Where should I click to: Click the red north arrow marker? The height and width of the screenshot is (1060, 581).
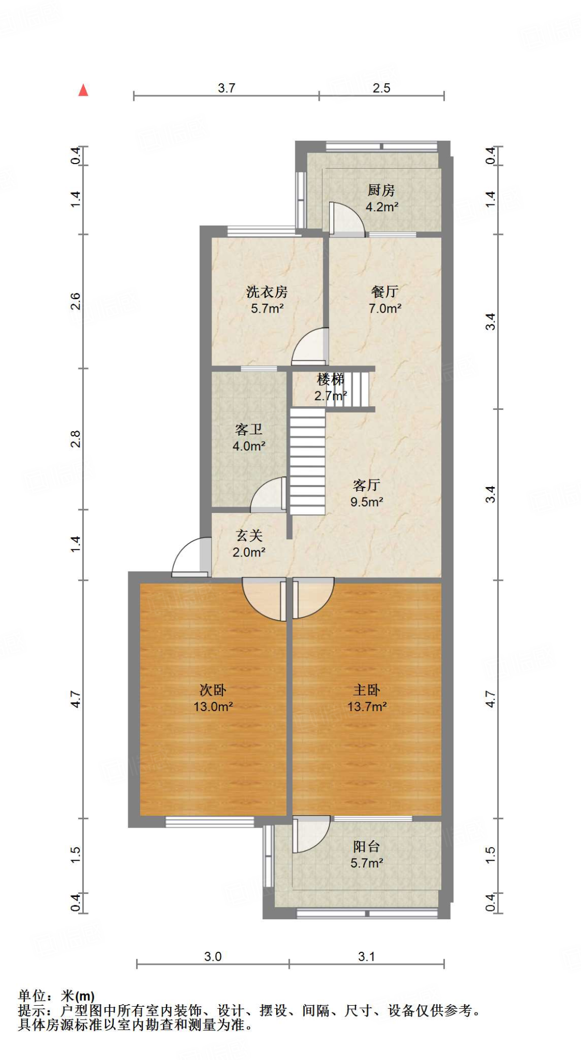(x=83, y=90)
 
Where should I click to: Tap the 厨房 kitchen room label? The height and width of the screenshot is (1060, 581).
(x=381, y=190)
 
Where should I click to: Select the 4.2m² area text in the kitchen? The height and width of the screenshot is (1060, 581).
(x=381, y=207)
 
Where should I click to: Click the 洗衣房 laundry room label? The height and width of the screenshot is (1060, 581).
(x=266, y=292)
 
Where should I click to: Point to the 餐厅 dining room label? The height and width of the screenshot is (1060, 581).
(x=384, y=291)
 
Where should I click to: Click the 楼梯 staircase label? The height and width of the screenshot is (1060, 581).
(x=330, y=379)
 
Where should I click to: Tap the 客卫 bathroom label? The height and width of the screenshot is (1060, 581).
(x=248, y=429)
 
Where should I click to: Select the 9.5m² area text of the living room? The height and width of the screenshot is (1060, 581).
(x=366, y=502)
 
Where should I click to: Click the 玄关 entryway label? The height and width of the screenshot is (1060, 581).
(x=249, y=535)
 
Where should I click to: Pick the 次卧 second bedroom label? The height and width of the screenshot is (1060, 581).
(x=213, y=689)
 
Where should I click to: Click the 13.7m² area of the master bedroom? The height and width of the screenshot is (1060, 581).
(x=367, y=706)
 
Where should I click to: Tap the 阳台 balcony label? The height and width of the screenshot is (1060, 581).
(x=366, y=846)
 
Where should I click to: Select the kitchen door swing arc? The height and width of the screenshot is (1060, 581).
(x=347, y=218)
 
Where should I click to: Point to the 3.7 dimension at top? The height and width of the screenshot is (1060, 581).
(x=226, y=88)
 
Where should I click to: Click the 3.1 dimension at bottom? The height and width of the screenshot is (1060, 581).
(x=366, y=956)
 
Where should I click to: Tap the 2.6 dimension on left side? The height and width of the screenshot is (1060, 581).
(x=76, y=301)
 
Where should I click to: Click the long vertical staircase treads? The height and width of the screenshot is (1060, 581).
(x=307, y=461)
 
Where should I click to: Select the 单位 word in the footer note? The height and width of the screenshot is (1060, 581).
(x=32, y=995)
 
